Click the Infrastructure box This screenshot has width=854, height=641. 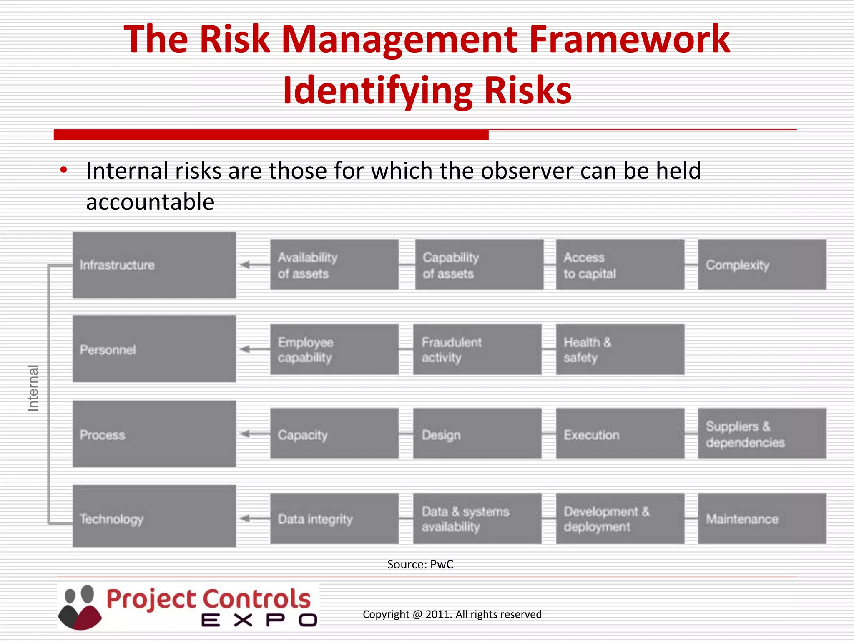tap(154, 265)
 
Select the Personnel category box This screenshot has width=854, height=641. tap(154, 349)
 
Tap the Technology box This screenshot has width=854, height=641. tap(154, 516)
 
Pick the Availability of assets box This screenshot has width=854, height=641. tap(334, 265)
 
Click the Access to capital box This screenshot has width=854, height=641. tap(620, 265)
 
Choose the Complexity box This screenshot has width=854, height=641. tap(762, 265)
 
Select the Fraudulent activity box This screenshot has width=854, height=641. tap(477, 349)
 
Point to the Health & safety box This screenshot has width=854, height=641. tap(620, 349)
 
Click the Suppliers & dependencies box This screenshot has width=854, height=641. tap(762, 434)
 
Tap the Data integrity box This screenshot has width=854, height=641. tap(334, 519)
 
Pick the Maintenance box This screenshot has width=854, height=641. tap(762, 519)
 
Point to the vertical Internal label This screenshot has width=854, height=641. tap(33, 388)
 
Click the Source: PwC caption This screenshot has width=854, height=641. tap(420, 564)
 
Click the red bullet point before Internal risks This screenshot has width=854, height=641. tap(63, 170)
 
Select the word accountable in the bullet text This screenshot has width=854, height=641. tap(150, 202)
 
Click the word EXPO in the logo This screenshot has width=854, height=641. tap(259, 620)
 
